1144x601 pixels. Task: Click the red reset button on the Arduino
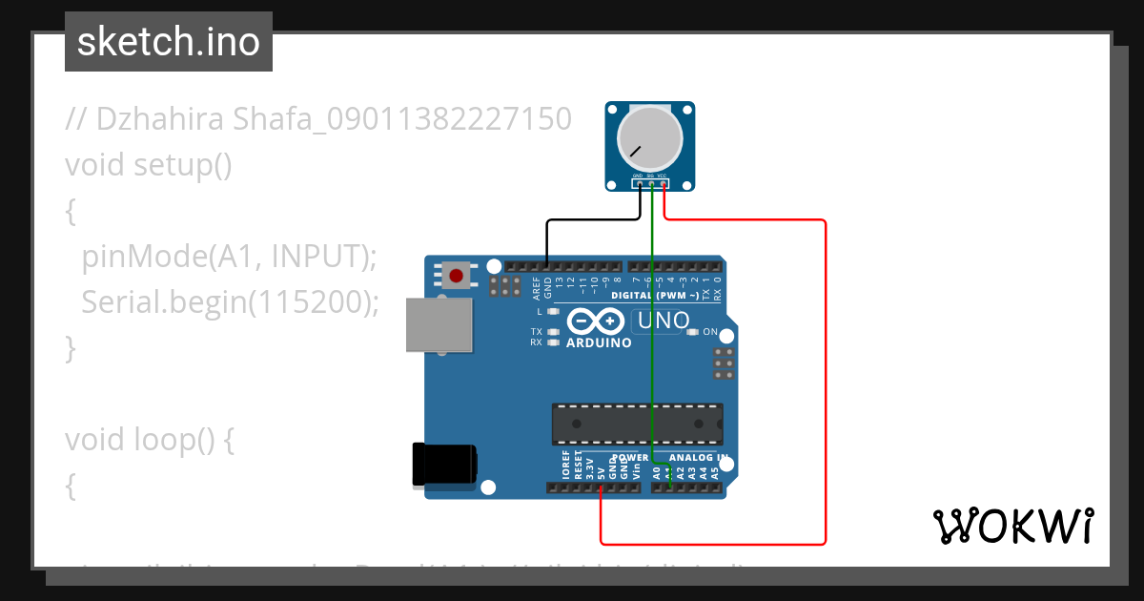(457, 277)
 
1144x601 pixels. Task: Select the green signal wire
(651, 363)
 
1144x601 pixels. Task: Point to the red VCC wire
(825, 382)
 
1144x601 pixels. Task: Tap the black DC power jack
(442, 465)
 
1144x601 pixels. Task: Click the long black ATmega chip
(637, 424)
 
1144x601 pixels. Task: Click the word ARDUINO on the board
(599, 342)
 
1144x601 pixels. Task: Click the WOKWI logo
(1012, 526)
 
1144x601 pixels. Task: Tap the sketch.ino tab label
(169, 42)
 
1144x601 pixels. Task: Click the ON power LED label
(710, 332)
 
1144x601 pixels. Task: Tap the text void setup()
(149, 164)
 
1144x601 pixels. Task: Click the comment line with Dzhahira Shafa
(318, 119)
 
